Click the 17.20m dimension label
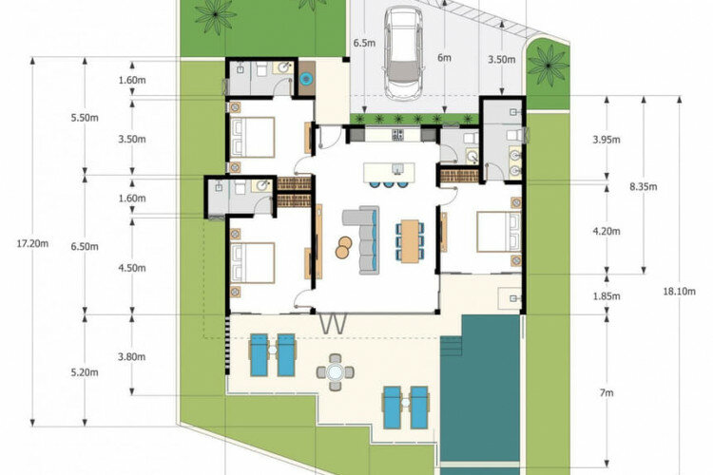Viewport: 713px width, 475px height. click(32, 243)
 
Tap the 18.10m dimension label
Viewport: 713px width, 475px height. click(680, 292)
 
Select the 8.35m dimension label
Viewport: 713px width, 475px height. click(644, 186)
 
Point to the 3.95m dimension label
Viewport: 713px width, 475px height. click(607, 140)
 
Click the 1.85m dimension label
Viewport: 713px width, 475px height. click(607, 296)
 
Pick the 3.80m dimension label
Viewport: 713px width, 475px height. click(132, 357)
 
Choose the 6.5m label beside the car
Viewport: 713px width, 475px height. click(365, 43)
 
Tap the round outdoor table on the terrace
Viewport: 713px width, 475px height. click(336, 372)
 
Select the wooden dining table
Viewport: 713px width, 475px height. click(410, 241)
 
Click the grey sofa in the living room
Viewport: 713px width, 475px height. click(361, 240)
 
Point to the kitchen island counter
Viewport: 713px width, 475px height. click(389, 172)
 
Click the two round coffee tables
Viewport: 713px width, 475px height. click(343, 247)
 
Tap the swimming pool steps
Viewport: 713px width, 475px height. click(451, 346)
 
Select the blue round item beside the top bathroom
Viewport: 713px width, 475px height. click(307, 79)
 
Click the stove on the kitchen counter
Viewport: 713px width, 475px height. click(398, 134)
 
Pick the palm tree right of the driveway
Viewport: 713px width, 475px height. click(548, 65)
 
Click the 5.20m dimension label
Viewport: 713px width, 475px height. click(85, 372)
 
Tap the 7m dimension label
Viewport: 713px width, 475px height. click(607, 393)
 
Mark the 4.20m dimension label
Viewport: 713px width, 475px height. click(607, 232)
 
